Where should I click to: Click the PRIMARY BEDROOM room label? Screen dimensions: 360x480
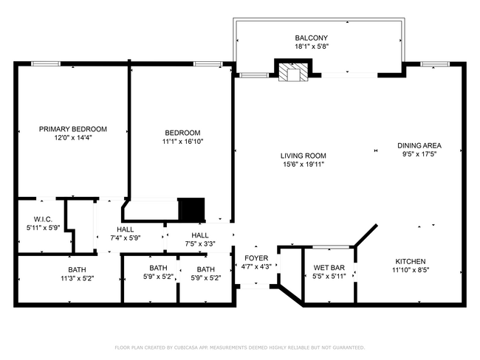pyautogui.click(x=72, y=129)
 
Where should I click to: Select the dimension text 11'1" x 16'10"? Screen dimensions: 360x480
pyautogui.click(x=183, y=142)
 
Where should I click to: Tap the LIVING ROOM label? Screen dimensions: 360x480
pyautogui.click(x=303, y=156)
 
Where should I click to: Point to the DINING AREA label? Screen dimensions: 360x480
pyautogui.click(x=419, y=145)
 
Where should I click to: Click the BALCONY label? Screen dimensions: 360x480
pyautogui.click(x=311, y=38)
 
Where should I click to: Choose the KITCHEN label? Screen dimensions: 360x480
pyautogui.click(x=411, y=261)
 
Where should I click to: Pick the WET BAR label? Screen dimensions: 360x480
pyautogui.click(x=329, y=267)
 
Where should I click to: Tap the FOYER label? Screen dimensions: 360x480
pyautogui.click(x=257, y=258)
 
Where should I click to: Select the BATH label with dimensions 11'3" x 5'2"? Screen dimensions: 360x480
pyautogui.click(x=77, y=269)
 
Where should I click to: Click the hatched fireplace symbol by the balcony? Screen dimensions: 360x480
pyautogui.click(x=293, y=71)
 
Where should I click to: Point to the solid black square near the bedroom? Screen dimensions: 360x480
pyautogui.click(x=192, y=210)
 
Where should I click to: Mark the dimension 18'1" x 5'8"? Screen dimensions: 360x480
pyautogui.click(x=311, y=46)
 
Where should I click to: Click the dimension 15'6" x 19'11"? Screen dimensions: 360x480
pyautogui.click(x=303, y=165)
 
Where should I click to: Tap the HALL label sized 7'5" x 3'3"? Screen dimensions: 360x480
pyautogui.click(x=199, y=235)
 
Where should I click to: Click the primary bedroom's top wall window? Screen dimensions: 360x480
pyautogui.click(x=45, y=64)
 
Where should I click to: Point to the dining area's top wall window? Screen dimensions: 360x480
pyautogui.click(x=431, y=64)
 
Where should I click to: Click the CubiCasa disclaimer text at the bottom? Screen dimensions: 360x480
pyautogui.click(x=239, y=347)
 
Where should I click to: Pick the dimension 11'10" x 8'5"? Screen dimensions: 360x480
pyautogui.click(x=411, y=270)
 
